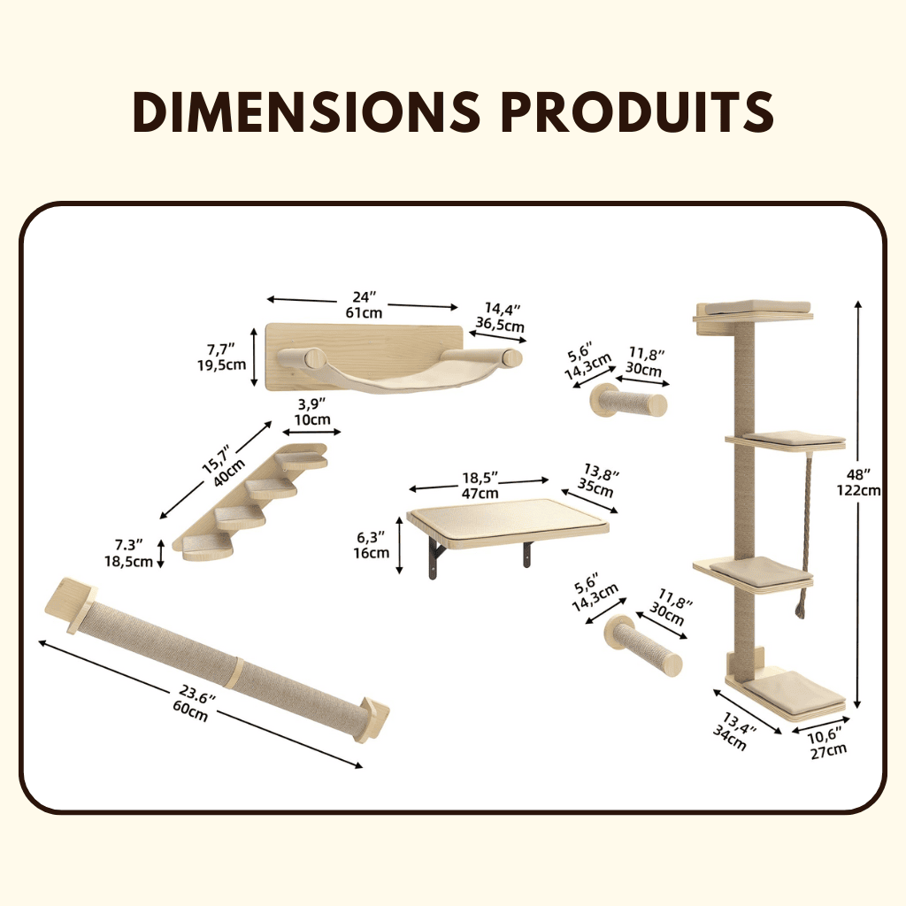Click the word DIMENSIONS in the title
click(306, 111)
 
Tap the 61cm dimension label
click(364, 312)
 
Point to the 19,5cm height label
click(222, 365)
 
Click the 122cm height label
click(858, 490)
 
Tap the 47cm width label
click(480, 493)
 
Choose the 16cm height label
click(372, 552)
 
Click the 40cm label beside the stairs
click(229, 473)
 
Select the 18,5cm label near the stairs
click(129, 561)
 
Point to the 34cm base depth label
click(729, 738)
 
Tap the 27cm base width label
click(828, 751)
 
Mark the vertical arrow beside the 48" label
click(858, 503)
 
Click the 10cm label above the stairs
click(312, 419)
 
